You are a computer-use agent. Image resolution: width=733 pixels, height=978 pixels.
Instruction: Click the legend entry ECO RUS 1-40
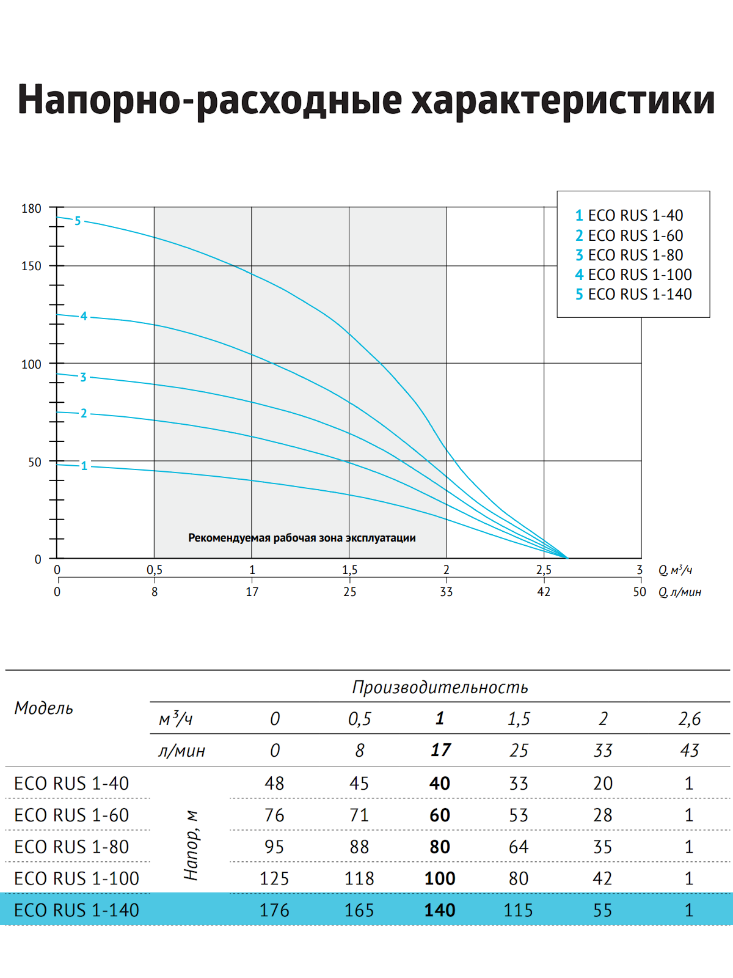629,216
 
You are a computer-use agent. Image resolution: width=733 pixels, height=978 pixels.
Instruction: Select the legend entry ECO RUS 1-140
633,294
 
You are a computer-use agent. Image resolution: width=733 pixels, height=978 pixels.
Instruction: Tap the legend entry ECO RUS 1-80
629,255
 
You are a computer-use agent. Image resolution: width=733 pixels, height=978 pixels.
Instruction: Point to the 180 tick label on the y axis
31,208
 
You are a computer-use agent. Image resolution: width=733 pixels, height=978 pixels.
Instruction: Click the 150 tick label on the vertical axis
31,266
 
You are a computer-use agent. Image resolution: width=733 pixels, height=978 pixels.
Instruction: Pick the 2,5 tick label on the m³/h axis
544,570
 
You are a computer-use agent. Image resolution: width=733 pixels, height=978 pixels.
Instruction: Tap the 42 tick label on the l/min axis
544,592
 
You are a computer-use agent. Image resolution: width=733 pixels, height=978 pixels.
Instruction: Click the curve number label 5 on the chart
78,221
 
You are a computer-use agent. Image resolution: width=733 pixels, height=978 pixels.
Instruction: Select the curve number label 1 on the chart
84,466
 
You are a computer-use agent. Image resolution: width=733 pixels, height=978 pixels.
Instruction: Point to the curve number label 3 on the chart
83,377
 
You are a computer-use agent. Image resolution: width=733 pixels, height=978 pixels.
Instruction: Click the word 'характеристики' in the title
563,100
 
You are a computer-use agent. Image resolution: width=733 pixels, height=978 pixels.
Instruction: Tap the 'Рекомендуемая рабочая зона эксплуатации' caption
302,538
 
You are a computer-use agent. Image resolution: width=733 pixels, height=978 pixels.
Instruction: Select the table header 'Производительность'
440,688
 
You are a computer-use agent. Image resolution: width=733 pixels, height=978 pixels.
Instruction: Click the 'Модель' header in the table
43,708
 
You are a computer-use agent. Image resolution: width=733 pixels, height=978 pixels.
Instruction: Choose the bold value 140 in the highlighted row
440,910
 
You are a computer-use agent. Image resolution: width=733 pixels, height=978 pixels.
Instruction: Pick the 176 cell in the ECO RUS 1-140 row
274,910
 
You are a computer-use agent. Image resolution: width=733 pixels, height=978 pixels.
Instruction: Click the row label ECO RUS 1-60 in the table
71,815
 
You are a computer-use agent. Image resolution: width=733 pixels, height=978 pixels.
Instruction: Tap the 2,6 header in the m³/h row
690,719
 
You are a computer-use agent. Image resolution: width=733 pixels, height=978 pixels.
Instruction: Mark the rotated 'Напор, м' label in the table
191,846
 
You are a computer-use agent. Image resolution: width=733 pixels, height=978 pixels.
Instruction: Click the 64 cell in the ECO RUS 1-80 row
519,847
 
